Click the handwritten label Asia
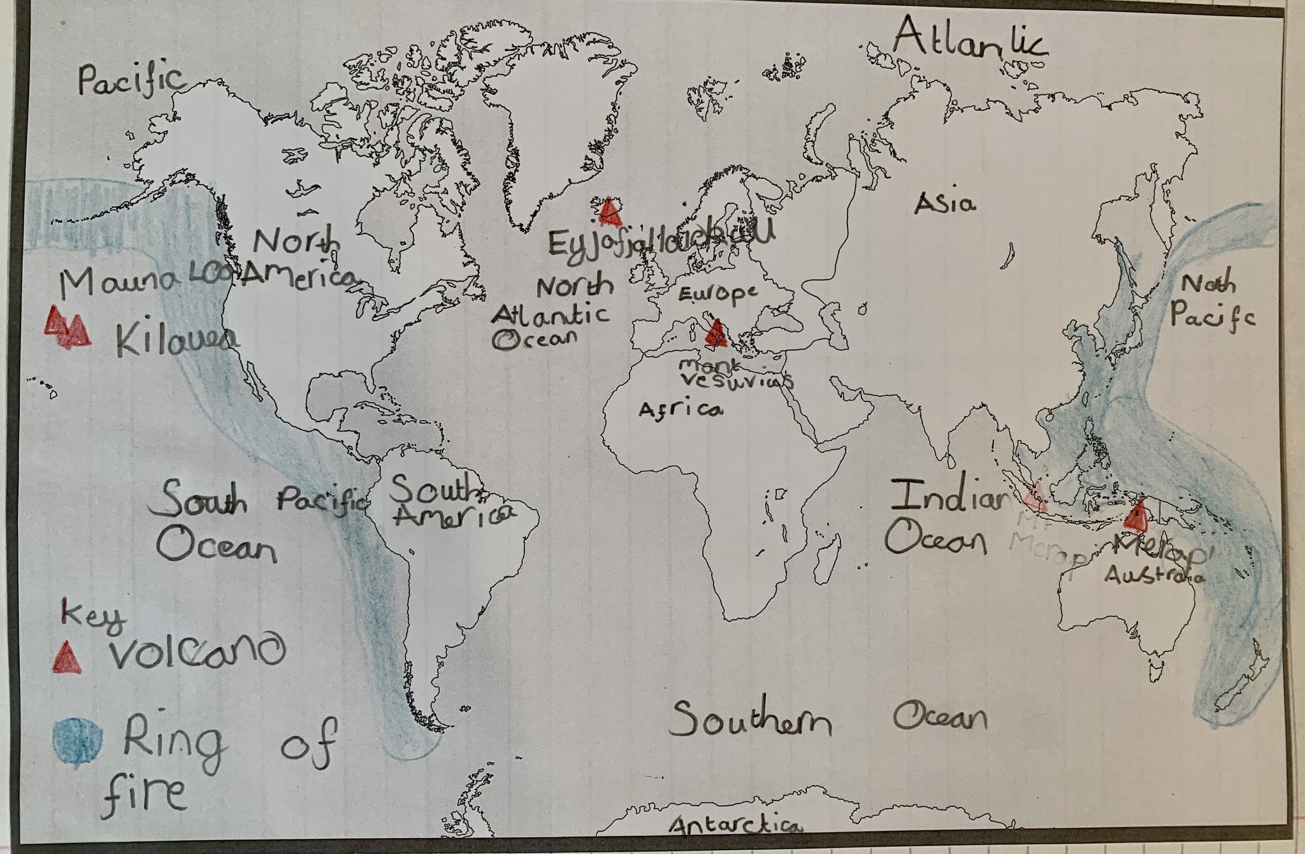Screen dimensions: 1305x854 tap(945, 204)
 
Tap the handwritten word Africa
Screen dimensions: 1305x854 tap(681, 410)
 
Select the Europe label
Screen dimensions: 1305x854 tap(717, 293)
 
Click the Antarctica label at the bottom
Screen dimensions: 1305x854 tap(735, 826)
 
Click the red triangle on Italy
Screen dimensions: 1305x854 tap(715, 333)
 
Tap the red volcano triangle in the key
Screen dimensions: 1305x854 tap(68, 657)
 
